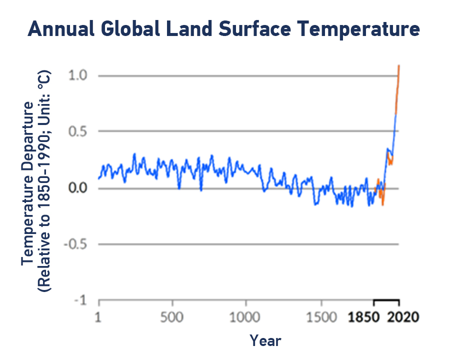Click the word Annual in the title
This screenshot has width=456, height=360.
61,28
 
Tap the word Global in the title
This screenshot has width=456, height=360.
130,28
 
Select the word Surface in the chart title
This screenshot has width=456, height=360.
255,28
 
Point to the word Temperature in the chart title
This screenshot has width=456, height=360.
359,29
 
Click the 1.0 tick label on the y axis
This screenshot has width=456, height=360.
77,75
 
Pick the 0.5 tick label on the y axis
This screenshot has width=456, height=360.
77,131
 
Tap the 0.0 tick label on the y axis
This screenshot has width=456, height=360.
77,188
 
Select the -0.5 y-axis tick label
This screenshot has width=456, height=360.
75,244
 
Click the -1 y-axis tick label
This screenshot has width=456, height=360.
80,300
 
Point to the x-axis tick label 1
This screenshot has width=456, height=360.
98,317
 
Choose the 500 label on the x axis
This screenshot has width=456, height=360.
172,317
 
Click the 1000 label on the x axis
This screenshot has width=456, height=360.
245,317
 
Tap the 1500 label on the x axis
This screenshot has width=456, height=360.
321,317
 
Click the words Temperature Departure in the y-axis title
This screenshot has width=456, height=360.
27,183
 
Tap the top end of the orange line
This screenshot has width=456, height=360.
399,65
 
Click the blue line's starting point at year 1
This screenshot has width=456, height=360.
98,178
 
